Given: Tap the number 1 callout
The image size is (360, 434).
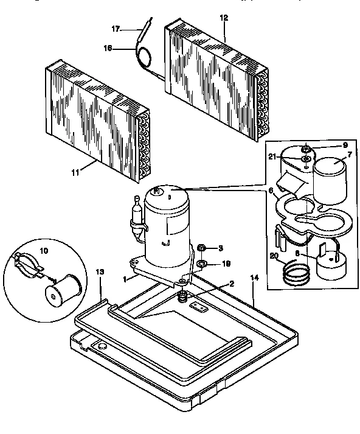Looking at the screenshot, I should [125, 279].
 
